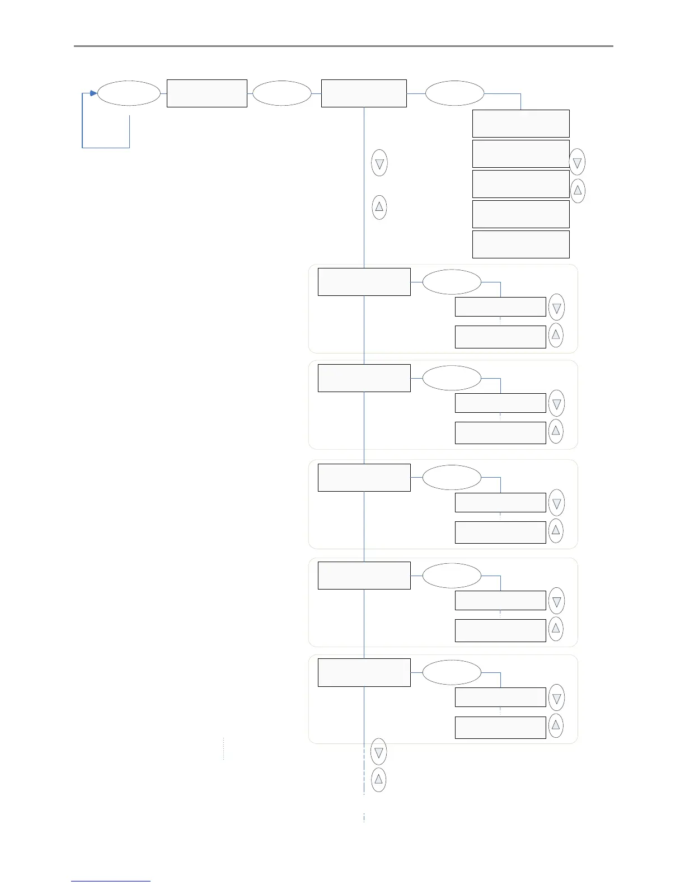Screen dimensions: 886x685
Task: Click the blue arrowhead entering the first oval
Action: coord(93,93)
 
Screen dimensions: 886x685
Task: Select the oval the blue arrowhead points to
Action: coord(129,93)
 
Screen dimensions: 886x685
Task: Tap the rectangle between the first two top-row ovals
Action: coord(207,93)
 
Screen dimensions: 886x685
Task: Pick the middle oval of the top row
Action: coord(281,93)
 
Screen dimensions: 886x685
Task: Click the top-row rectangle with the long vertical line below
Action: coord(364,93)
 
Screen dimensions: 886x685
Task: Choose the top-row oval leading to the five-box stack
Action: coord(454,93)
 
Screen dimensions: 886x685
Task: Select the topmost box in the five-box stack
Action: coord(520,124)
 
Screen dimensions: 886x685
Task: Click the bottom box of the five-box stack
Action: coord(520,244)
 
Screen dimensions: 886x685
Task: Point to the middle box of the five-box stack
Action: coord(520,184)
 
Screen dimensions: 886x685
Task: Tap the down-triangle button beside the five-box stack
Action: coord(577,163)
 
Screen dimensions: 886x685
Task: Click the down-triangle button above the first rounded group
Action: coord(379,164)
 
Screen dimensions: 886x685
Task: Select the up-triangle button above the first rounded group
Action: coord(379,208)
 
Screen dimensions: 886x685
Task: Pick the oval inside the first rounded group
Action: coord(451,282)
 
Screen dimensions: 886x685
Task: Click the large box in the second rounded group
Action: coord(364,378)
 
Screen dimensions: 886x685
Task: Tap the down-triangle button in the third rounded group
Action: coord(556,503)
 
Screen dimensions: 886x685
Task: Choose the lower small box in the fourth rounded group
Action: coord(500,630)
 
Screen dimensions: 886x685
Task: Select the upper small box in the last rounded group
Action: coord(500,698)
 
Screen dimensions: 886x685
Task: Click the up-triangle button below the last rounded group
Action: coord(378,779)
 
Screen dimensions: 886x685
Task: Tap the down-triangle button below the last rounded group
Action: coord(378,752)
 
